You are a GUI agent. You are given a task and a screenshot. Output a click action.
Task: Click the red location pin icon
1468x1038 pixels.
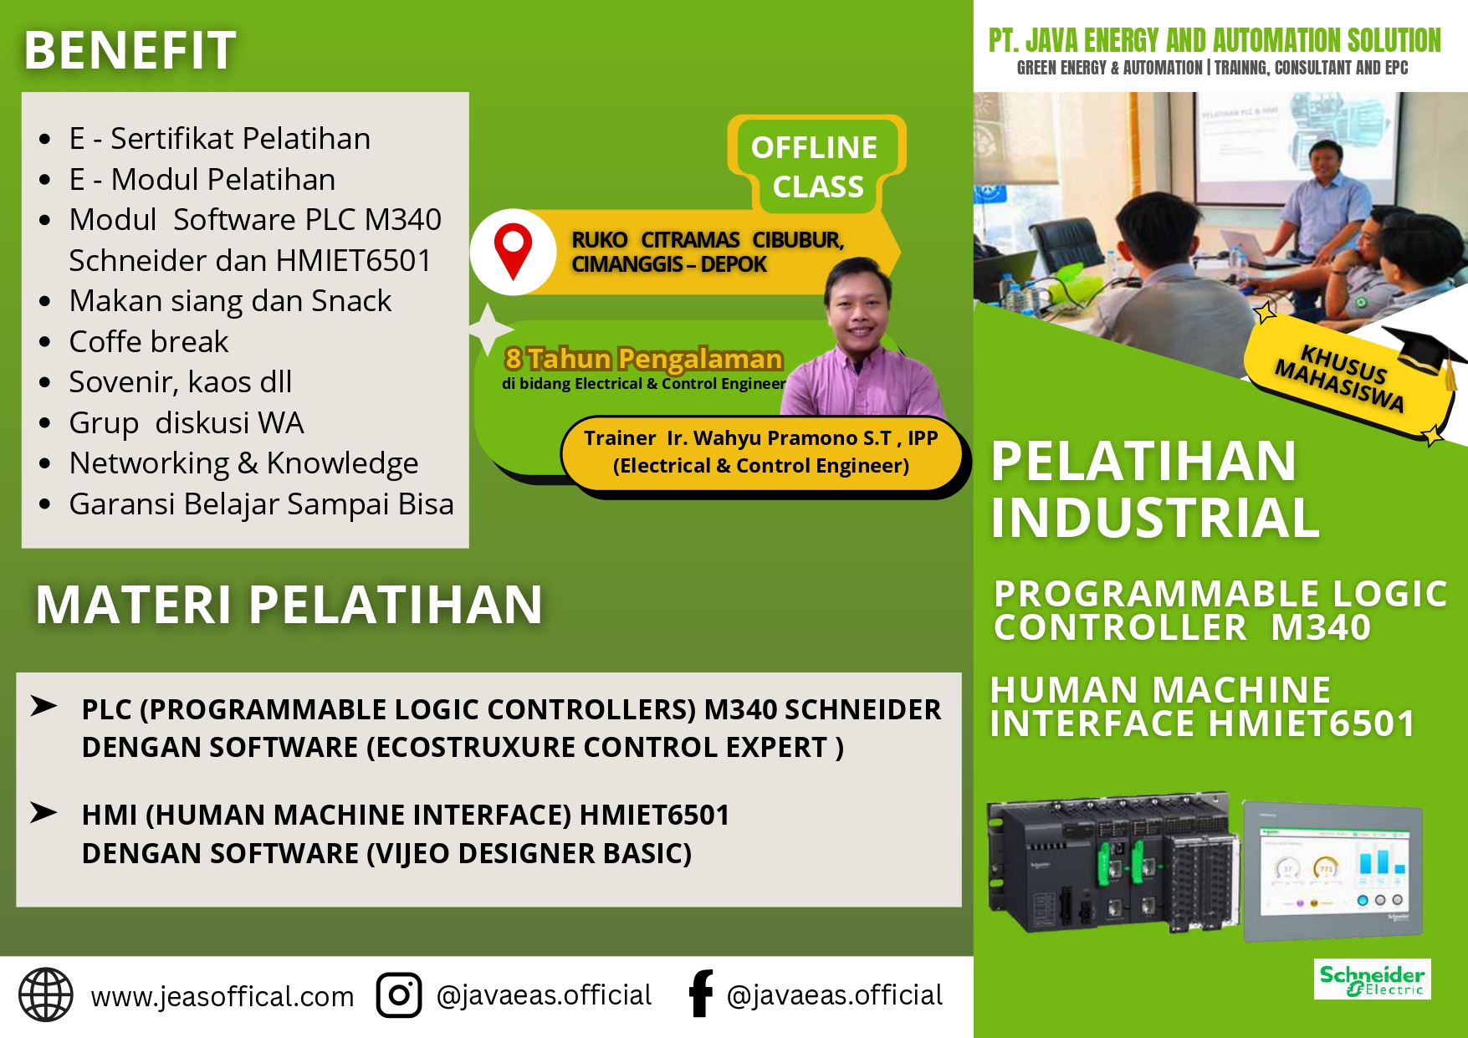point(513,250)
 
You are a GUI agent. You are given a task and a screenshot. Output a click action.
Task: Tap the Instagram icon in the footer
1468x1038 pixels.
point(398,995)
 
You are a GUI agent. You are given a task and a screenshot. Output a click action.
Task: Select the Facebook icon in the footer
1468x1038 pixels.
point(701,994)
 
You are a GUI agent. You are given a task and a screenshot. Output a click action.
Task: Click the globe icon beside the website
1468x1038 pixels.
point(46,995)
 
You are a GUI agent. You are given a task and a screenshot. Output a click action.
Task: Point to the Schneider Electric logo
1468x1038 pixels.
point(1372,979)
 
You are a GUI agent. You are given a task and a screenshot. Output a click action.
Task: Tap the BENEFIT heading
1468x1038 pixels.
point(130,50)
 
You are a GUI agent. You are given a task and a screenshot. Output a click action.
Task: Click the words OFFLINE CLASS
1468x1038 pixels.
point(816,166)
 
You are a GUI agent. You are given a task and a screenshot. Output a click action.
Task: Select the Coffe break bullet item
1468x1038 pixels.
point(149,341)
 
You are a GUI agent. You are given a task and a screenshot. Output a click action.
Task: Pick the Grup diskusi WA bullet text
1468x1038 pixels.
point(187,422)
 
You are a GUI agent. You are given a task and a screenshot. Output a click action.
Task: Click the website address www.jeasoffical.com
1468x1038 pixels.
point(223,996)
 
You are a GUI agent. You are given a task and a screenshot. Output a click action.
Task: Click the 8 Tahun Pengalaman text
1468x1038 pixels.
point(643,359)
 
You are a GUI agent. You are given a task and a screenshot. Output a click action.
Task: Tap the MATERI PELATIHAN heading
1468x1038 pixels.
point(289,605)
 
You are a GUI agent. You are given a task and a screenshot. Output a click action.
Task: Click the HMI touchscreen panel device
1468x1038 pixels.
point(1332,871)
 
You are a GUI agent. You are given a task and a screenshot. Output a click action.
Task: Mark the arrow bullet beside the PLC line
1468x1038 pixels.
point(43,707)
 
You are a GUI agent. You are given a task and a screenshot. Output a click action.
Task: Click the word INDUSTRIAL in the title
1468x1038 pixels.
point(1155,518)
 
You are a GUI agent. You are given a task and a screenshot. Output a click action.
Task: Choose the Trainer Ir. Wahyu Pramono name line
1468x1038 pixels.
point(760,438)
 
